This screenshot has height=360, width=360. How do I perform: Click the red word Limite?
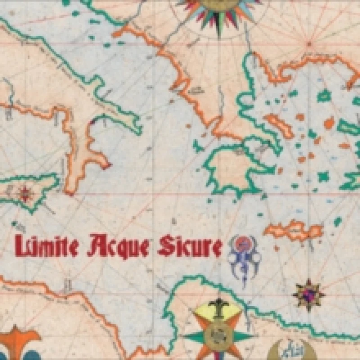(47, 245)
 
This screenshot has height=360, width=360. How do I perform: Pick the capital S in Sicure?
(165, 246)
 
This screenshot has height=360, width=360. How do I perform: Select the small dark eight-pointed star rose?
(309, 295)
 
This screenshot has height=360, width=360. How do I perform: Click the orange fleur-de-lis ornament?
(18, 344)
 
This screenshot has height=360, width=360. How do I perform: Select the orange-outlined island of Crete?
(295, 230)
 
